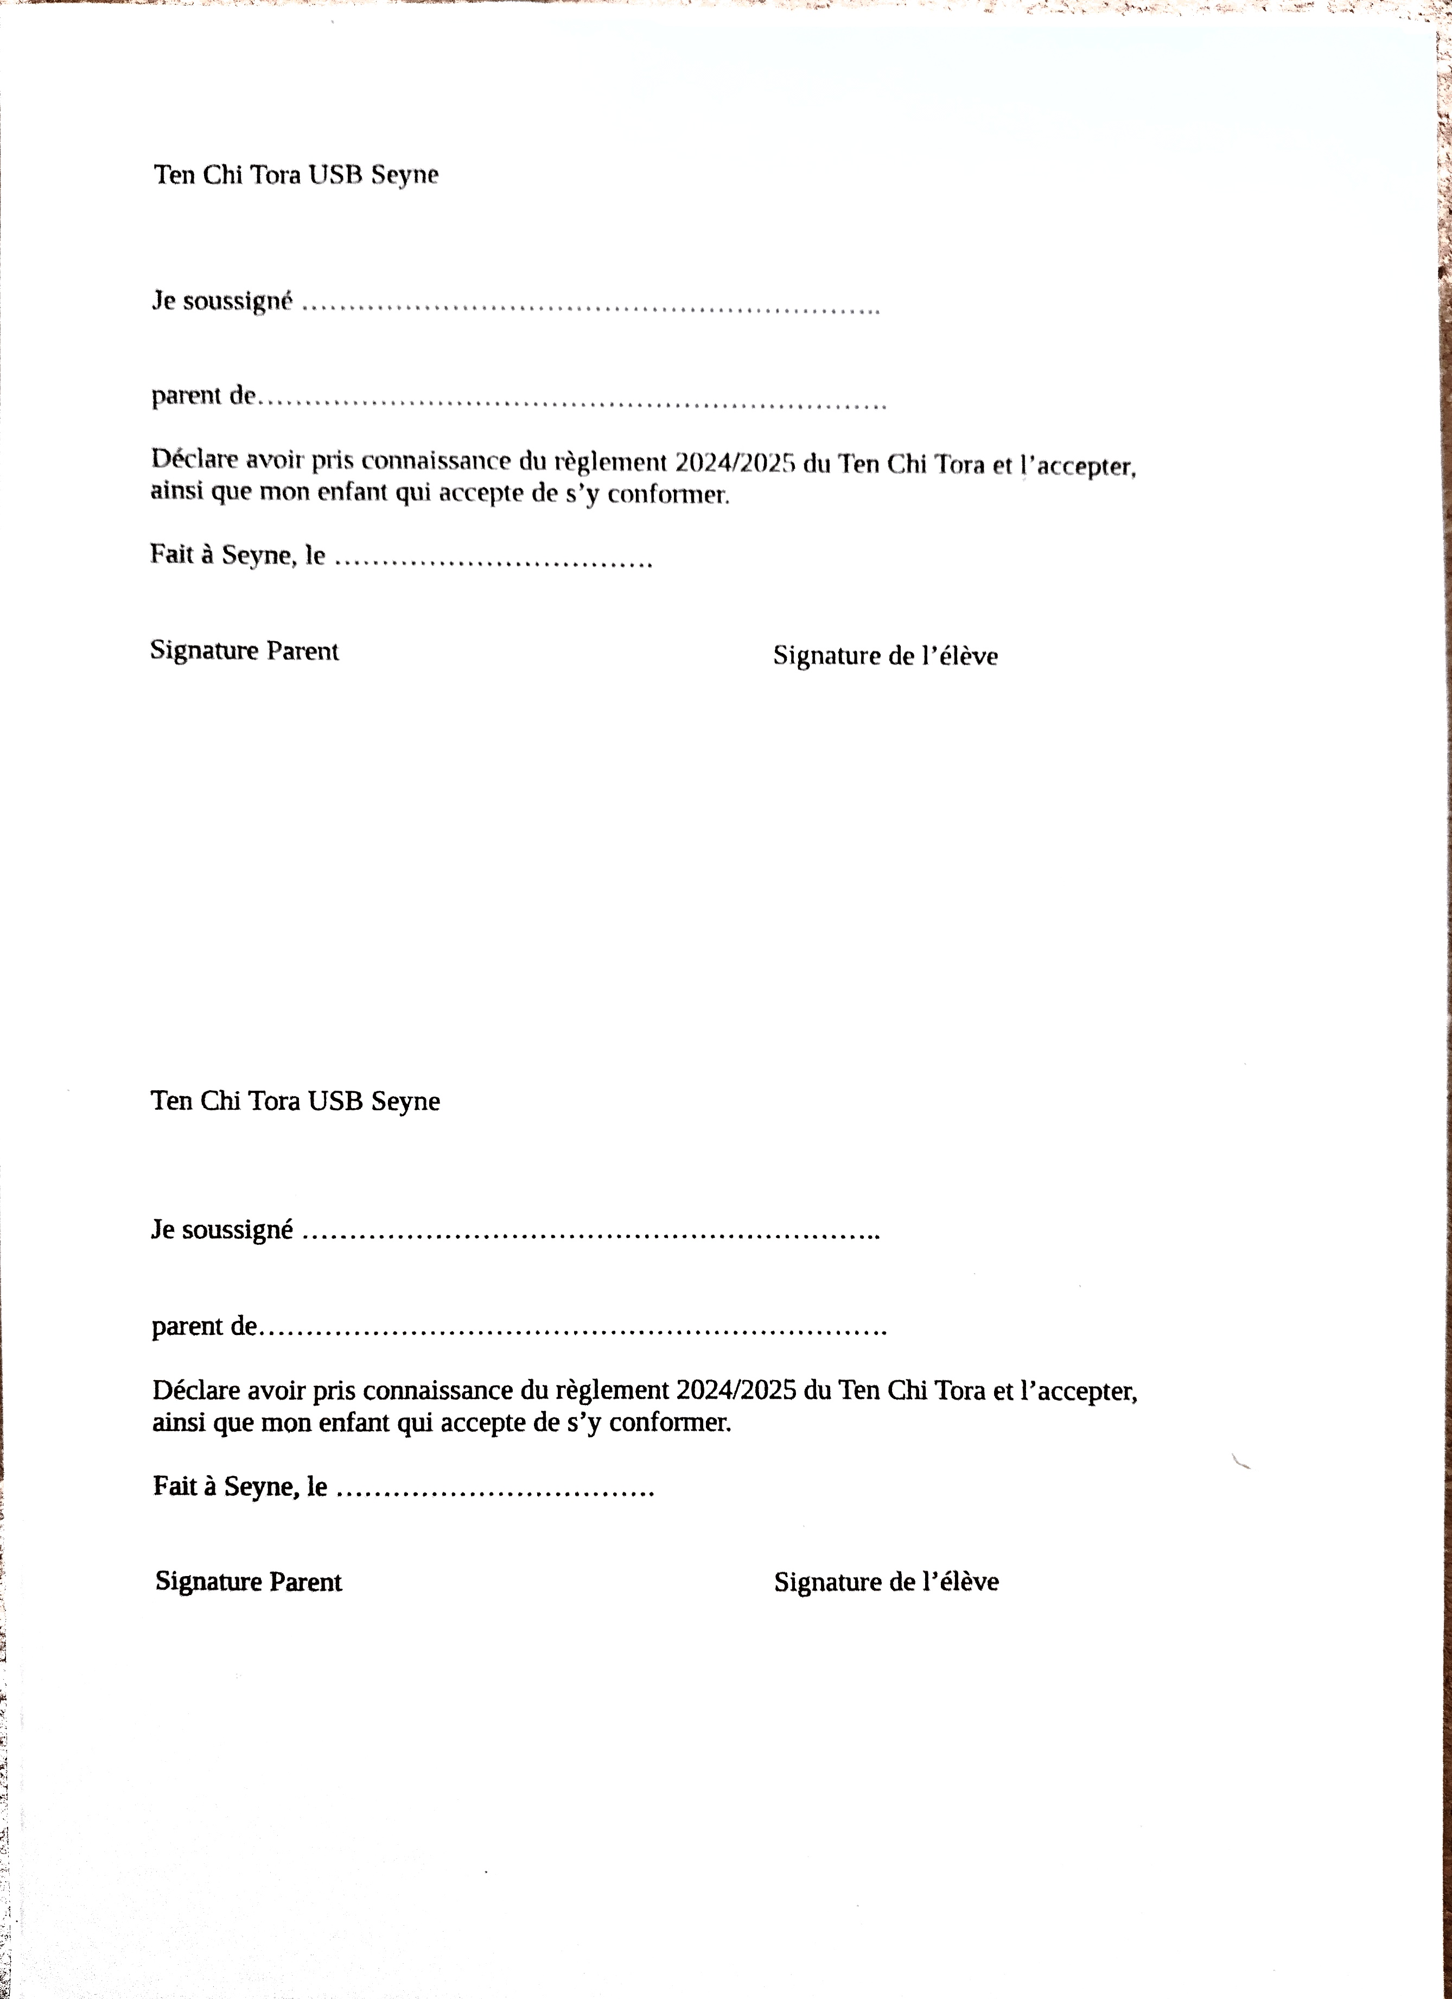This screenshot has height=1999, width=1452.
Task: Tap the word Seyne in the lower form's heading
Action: [405, 1102]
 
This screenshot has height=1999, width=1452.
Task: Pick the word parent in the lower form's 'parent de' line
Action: [189, 1327]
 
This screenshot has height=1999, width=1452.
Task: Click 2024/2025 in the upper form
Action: [735, 463]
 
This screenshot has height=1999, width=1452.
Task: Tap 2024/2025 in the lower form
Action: [736, 1391]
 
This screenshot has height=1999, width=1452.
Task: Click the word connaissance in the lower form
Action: [437, 1391]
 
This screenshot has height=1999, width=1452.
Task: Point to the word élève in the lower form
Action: [969, 1582]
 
